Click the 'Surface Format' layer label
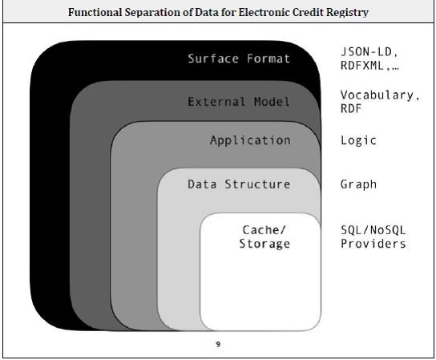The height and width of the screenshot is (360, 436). pyautogui.click(x=239, y=59)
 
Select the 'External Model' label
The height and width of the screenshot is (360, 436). pyautogui.click(x=239, y=102)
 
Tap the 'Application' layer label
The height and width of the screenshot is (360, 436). pyautogui.click(x=250, y=140)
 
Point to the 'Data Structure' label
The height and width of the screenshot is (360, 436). pyautogui.click(x=239, y=184)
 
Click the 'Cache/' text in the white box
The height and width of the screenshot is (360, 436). pyautogui.click(x=264, y=230)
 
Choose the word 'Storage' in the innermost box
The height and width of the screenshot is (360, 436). pyautogui.click(x=264, y=244)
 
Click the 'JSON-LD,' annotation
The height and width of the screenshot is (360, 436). pyautogui.click(x=369, y=52)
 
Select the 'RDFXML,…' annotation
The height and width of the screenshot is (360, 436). pyautogui.click(x=369, y=66)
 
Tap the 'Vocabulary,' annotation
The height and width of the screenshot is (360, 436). pyautogui.click(x=380, y=95)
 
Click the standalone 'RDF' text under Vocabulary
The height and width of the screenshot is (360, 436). pyautogui.click(x=351, y=108)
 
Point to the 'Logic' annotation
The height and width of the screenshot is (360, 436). pyautogui.click(x=359, y=140)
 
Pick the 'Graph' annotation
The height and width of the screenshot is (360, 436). pyautogui.click(x=359, y=184)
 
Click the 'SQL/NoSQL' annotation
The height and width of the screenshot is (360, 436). pyautogui.click(x=373, y=230)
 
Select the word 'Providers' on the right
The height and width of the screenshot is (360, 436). pyautogui.click(x=373, y=244)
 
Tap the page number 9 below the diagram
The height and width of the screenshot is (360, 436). pyautogui.click(x=218, y=345)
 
